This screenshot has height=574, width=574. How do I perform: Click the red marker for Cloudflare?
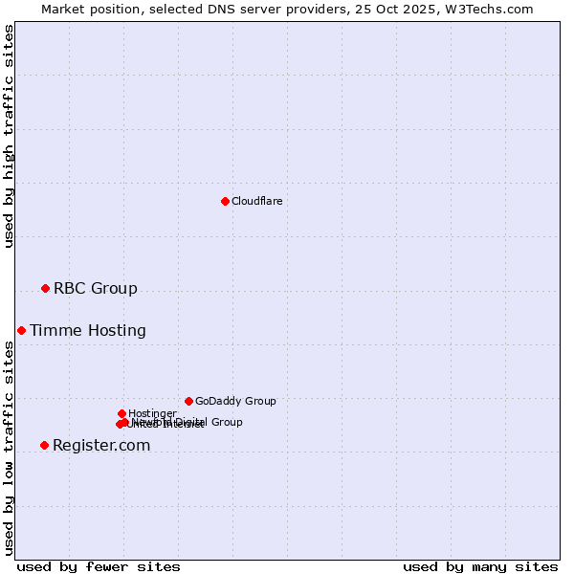(225, 201)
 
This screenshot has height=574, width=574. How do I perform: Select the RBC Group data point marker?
(45, 288)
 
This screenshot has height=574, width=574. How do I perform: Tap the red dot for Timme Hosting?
(21, 330)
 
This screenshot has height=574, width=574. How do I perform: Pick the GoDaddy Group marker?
(188, 401)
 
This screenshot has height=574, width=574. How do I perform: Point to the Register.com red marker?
(44, 445)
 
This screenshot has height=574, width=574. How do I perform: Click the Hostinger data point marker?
(121, 413)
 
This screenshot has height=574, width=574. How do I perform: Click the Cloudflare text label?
(256, 201)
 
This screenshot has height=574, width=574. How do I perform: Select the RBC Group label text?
(95, 288)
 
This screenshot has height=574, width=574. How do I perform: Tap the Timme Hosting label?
(88, 330)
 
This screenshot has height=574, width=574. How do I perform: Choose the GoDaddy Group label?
(235, 401)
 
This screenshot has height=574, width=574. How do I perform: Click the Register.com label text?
(101, 445)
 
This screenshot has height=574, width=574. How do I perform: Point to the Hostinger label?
(152, 413)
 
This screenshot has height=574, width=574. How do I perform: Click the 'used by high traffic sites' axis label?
(10, 136)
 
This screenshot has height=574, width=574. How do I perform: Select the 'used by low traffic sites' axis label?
(10, 448)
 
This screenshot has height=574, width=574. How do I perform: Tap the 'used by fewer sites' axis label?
(99, 566)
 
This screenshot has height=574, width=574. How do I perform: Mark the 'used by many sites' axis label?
(480, 566)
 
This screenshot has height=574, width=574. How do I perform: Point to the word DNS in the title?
(215, 9)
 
